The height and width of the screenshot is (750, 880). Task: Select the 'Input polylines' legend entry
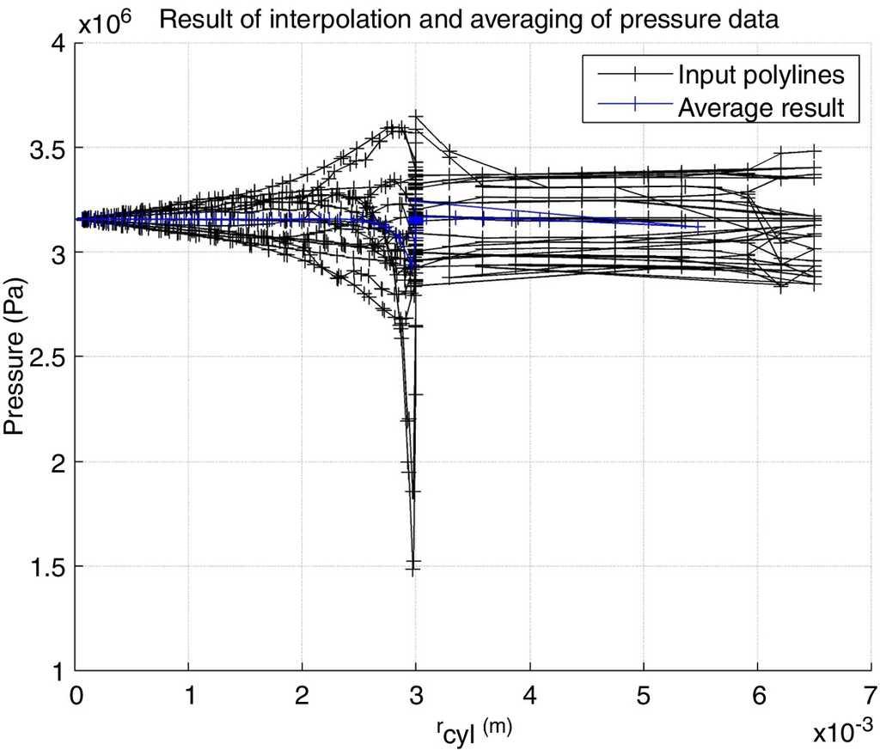[x=761, y=75]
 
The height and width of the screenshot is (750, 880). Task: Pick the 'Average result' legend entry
[x=761, y=108]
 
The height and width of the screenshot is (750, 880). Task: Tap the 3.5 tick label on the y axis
[x=47, y=148]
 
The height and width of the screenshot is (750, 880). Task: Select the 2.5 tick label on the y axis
[x=47, y=357]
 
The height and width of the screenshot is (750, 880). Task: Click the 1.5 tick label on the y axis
[x=47, y=566]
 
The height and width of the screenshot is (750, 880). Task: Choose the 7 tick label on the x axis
[x=871, y=694]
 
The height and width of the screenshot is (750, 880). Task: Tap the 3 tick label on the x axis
[x=416, y=694]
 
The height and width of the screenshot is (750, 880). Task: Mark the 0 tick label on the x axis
[x=76, y=694]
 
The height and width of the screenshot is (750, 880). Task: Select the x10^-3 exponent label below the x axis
[x=844, y=731]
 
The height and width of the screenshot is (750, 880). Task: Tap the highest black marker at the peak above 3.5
[x=417, y=114]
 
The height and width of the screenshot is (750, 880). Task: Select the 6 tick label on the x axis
[x=757, y=694]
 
